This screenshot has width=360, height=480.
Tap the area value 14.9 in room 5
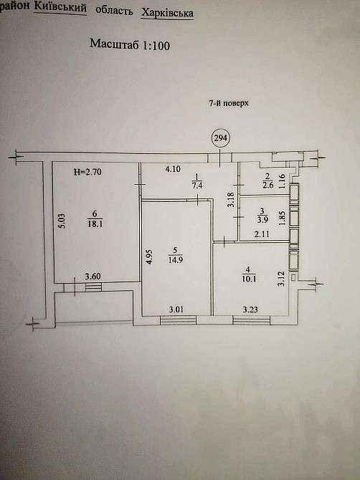(172, 259)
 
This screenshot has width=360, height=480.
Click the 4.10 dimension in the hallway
(172, 170)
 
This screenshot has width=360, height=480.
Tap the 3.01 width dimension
(176, 309)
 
